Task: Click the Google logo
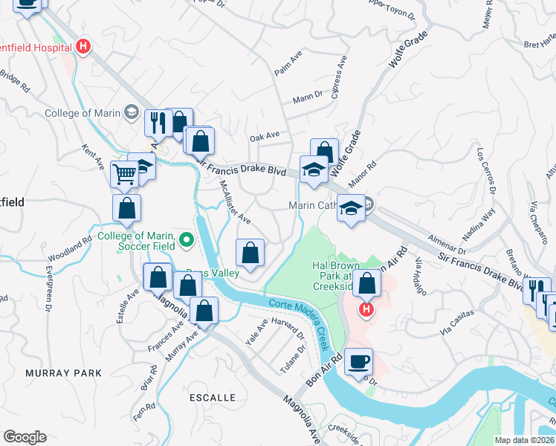point(25,437)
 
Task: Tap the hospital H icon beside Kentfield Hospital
point(83,47)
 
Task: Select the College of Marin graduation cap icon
point(132,112)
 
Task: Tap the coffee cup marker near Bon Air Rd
point(358,361)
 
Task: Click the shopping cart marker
point(125,175)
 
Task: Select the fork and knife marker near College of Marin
point(158,122)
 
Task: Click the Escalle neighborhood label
point(212,398)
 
